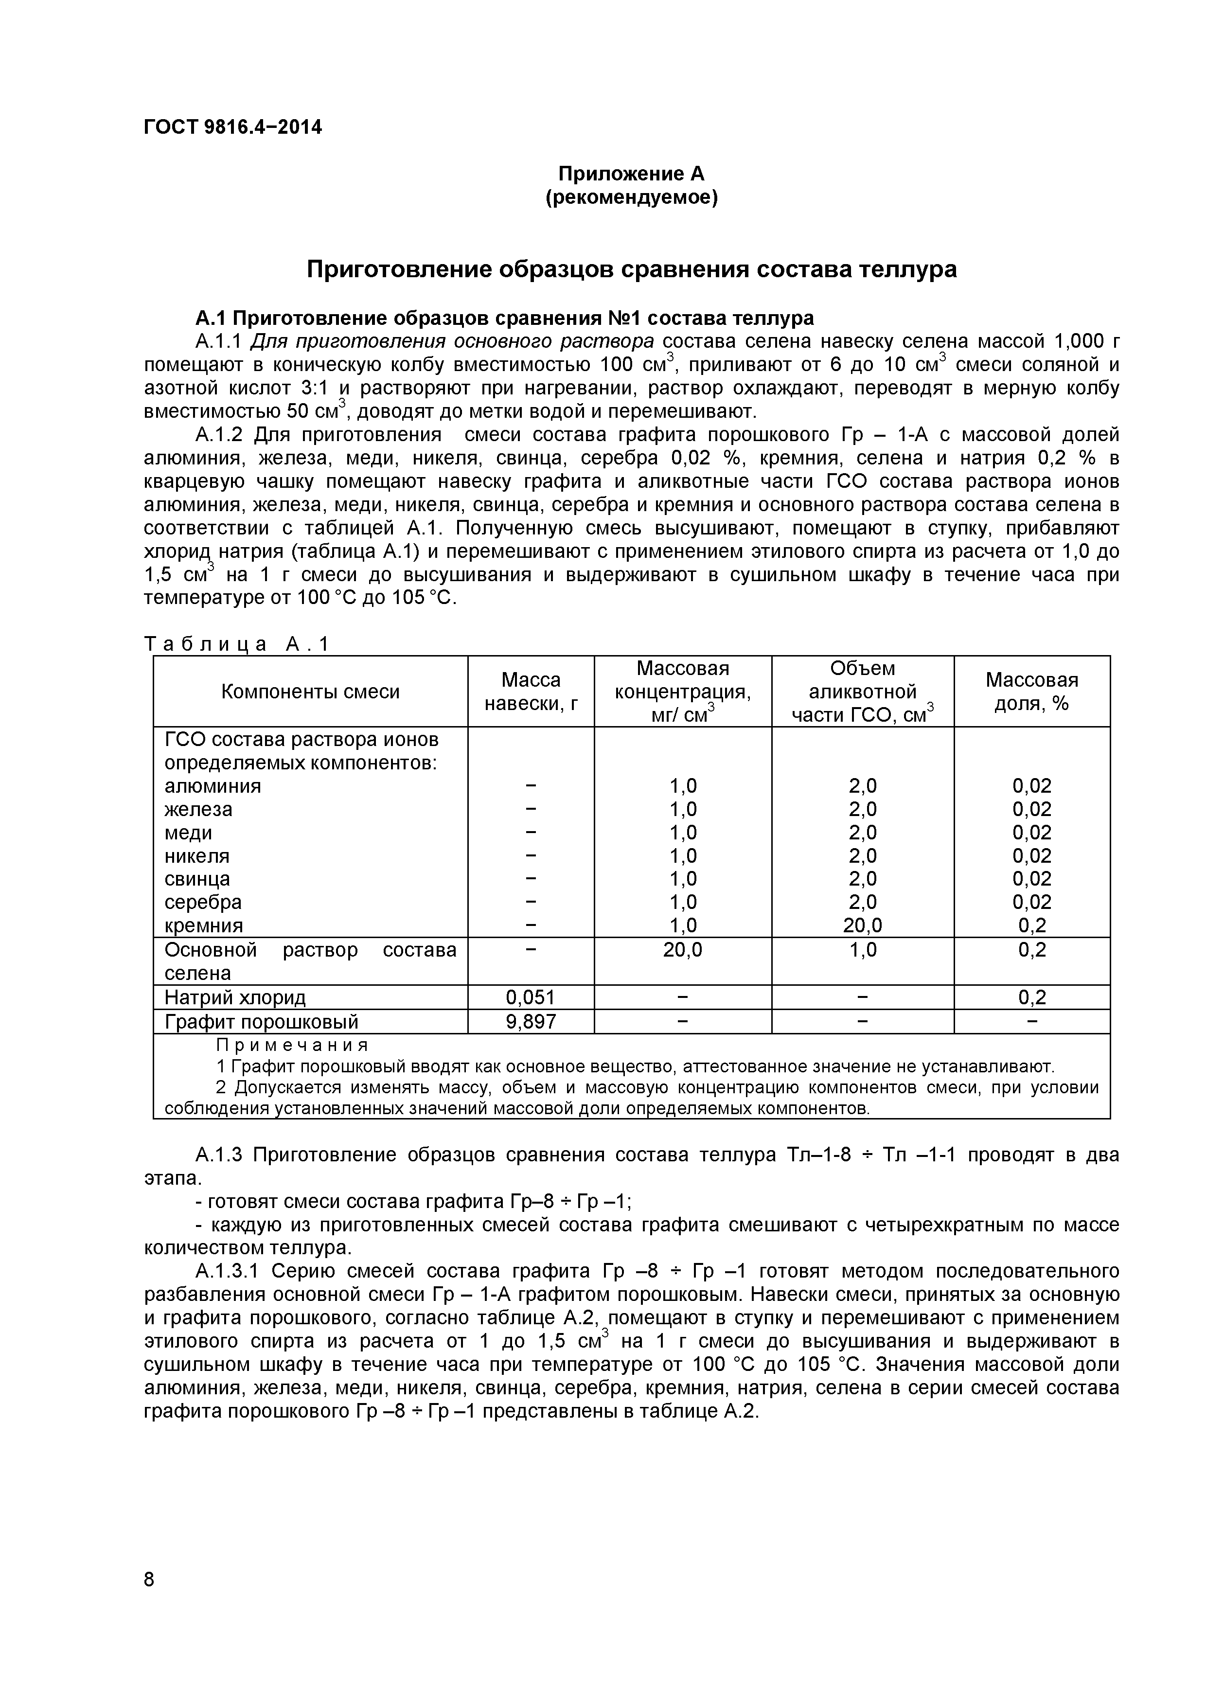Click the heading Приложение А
[x=631, y=174]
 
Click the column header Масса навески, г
[x=531, y=692]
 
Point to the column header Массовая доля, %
[x=1031, y=692]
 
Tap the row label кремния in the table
[x=204, y=925]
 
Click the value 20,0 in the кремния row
[x=862, y=925]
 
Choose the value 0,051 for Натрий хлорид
[x=531, y=997]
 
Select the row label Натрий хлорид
[x=235, y=997]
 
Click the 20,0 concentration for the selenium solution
[x=682, y=950]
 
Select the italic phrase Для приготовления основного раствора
[x=452, y=341]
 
